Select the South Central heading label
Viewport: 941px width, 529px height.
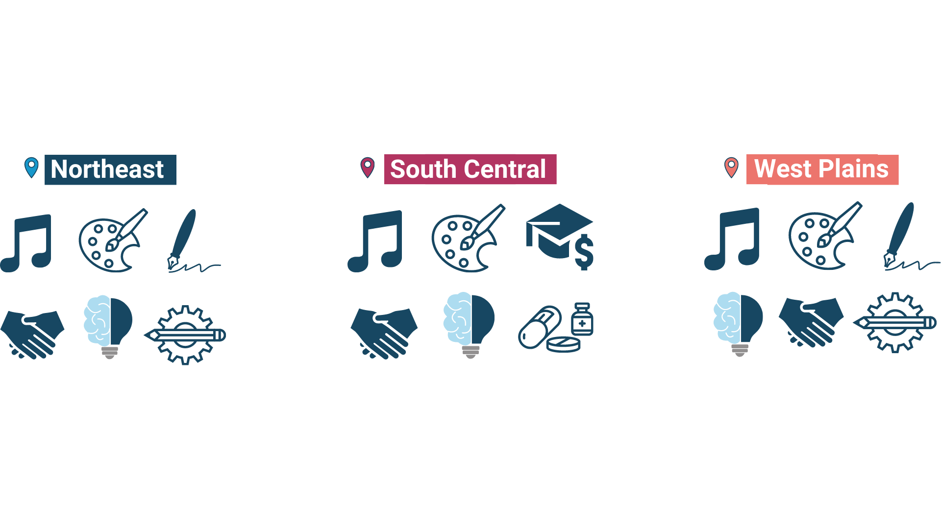pos(470,169)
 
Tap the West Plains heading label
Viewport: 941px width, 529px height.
pos(822,169)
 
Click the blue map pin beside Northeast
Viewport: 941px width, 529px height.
pos(31,167)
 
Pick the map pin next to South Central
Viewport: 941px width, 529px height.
pos(367,167)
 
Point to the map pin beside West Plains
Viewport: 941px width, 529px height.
pos(731,167)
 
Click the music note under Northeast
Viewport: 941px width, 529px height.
pos(27,243)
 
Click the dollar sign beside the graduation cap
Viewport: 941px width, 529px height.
pos(584,252)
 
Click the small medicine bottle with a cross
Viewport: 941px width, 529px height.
pos(582,319)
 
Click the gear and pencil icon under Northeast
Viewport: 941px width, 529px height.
pos(185,335)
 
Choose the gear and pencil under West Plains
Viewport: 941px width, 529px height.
pos(895,322)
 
